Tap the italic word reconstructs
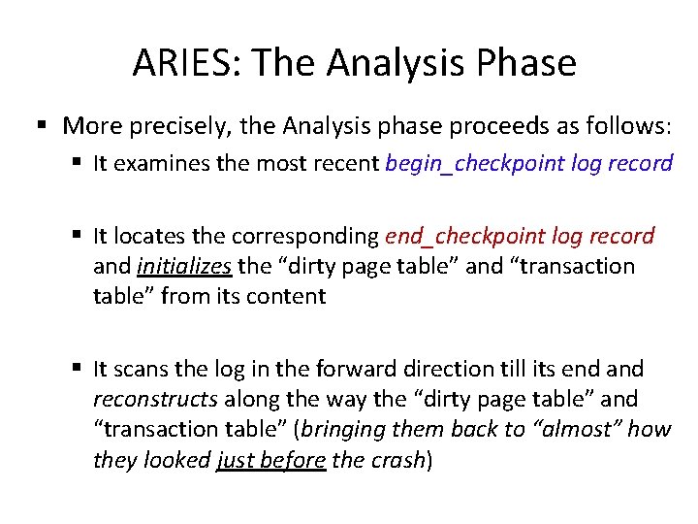point(155,399)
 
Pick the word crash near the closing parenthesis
point(397,459)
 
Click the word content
point(290,296)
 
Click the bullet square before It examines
point(77,163)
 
